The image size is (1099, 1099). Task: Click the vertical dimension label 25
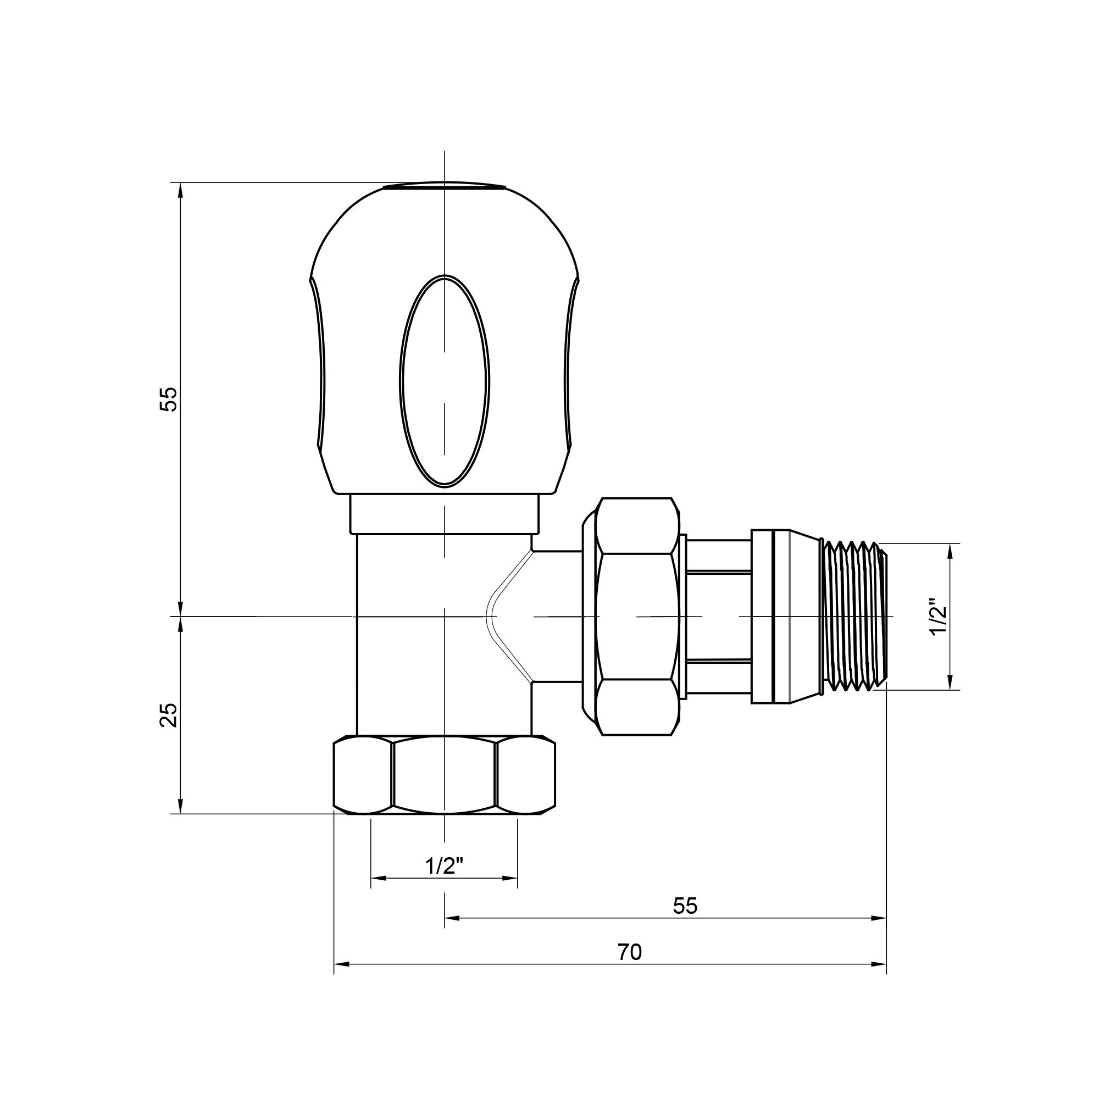[x=169, y=715]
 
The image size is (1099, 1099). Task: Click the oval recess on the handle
[x=444, y=381]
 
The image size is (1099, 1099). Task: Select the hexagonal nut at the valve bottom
[x=444, y=775]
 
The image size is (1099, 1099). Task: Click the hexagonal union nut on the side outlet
[x=637, y=617]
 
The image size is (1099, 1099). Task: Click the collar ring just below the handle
[x=444, y=514]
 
